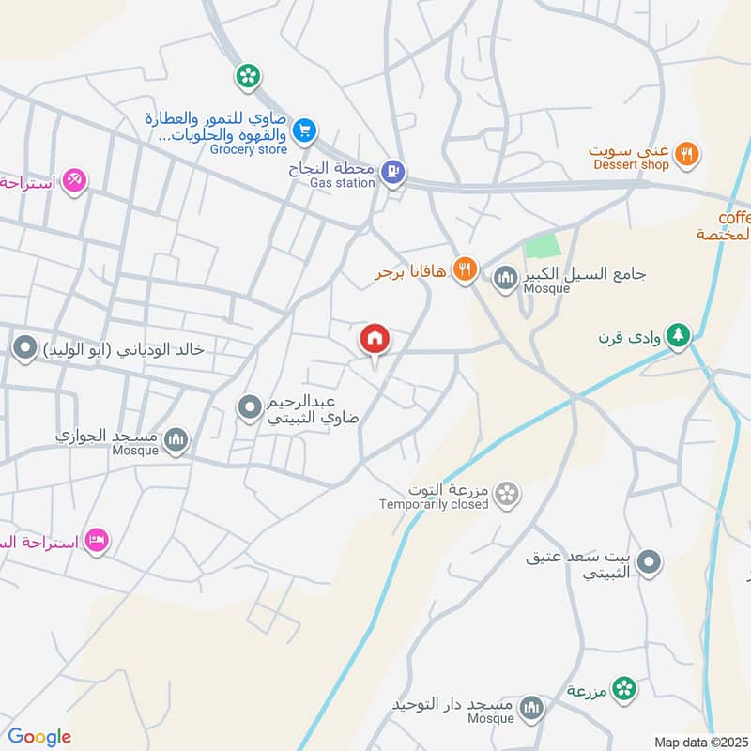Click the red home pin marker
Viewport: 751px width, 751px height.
[375, 339]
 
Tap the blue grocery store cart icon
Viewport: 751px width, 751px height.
[303, 131]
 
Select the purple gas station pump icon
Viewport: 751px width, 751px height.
[394, 171]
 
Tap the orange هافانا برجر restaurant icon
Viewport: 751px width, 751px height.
[463, 272]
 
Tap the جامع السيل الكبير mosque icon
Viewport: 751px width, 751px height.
[505, 277]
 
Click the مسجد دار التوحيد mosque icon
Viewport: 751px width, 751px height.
[532, 707]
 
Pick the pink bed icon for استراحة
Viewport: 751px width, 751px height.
[96, 541]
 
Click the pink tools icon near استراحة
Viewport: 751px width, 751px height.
[74, 179]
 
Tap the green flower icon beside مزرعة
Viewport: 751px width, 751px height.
[622, 690]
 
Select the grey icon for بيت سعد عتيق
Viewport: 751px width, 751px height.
[649, 564]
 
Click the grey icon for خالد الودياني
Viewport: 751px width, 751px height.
[24, 349]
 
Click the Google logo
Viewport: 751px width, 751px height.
[39, 737]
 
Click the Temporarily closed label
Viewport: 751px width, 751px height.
[434, 505]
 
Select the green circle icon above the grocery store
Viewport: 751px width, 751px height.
[249, 75]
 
